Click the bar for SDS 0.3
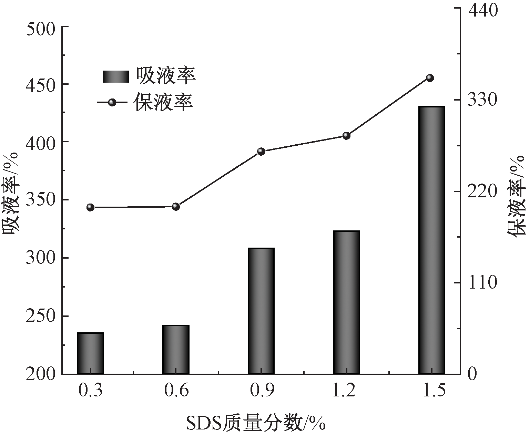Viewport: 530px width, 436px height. point(90,353)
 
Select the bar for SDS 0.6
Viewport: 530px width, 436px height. point(176,349)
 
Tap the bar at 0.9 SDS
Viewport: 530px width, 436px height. point(261,311)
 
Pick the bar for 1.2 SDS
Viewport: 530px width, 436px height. point(346,302)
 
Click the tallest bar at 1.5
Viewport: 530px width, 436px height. point(431,240)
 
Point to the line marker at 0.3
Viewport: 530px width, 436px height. point(90,207)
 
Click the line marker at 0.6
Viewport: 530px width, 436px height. point(176,207)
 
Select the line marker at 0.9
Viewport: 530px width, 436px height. point(261,152)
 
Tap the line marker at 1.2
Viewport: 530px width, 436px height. point(346,136)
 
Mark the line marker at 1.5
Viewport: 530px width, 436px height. point(430,78)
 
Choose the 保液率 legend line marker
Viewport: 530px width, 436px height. point(112,102)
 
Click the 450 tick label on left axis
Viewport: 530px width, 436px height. point(41,84)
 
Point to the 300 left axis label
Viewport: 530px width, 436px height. point(41,258)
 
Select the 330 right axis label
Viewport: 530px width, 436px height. point(482,100)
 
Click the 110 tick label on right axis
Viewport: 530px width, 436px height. point(482,283)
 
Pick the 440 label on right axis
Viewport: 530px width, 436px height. point(482,9)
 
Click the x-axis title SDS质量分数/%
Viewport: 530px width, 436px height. point(256,423)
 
